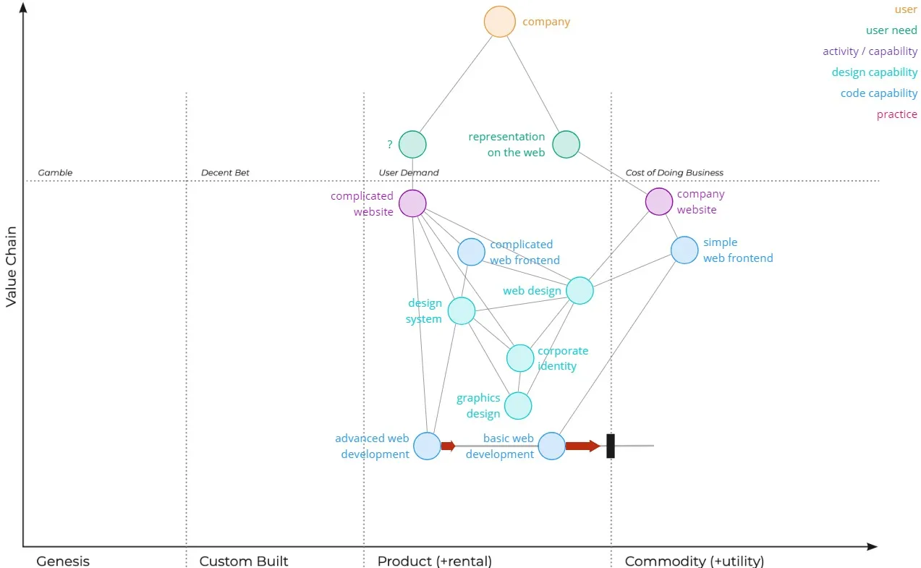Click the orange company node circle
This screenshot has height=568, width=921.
(x=499, y=22)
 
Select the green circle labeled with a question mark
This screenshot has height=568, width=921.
(x=412, y=145)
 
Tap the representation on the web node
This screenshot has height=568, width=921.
(x=566, y=145)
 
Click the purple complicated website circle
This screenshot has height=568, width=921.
(x=412, y=203)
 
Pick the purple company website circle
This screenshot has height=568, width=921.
(x=658, y=202)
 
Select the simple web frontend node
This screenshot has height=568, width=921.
(x=684, y=250)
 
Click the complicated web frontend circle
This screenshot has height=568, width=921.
(x=471, y=252)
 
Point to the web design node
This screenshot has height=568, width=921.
(x=580, y=291)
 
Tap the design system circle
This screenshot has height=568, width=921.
(x=461, y=311)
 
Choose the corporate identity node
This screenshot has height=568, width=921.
(x=519, y=358)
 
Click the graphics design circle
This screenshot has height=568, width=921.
(x=518, y=406)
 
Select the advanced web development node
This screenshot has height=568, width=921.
(x=427, y=446)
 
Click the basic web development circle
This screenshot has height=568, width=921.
(x=551, y=446)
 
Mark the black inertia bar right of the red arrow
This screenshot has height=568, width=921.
(x=610, y=446)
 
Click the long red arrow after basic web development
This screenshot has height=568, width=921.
(x=582, y=446)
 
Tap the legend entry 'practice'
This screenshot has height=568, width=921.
(x=896, y=114)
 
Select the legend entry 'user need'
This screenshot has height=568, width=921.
(x=891, y=30)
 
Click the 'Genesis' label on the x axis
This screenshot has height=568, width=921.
(x=63, y=561)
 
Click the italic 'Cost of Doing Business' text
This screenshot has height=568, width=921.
(x=674, y=173)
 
